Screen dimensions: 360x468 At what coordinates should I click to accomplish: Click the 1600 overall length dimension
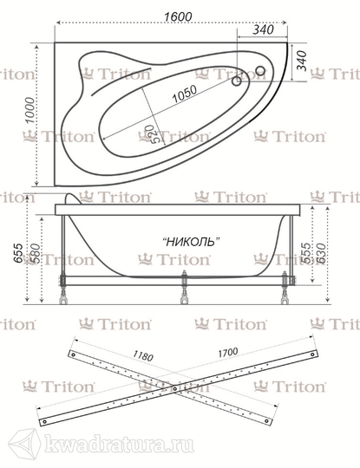(x=178, y=16)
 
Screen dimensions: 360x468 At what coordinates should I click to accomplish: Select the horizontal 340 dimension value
(x=263, y=29)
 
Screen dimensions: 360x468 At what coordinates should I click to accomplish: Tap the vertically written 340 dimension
(x=301, y=61)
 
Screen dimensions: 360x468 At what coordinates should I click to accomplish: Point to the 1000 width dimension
(x=29, y=110)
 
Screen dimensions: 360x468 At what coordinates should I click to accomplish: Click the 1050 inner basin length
(x=185, y=94)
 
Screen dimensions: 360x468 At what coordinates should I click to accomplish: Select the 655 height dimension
(x=18, y=253)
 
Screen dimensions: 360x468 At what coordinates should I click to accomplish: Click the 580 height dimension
(x=35, y=253)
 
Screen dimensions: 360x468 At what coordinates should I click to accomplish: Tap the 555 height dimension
(x=305, y=253)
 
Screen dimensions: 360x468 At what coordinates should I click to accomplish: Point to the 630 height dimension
(x=321, y=253)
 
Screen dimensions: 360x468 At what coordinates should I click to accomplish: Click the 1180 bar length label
(x=143, y=355)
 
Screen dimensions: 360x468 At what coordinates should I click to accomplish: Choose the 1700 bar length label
(x=227, y=353)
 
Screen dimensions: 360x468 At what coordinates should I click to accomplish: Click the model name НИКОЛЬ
(x=191, y=241)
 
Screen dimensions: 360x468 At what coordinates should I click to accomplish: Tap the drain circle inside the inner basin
(x=237, y=81)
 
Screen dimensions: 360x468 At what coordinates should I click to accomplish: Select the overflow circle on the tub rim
(x=260, y=70)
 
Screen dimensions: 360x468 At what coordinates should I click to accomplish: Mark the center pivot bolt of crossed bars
(x=175, y=388)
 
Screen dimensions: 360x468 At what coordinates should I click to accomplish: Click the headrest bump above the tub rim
(x=73, y=198)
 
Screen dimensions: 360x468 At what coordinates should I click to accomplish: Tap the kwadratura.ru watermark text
(x=119, y=446)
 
